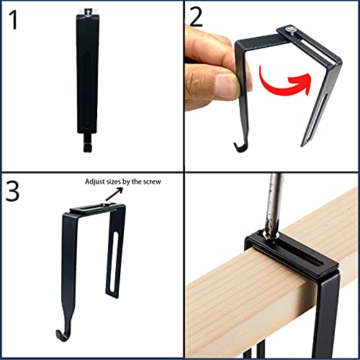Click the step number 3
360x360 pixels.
tap(14, 192)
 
